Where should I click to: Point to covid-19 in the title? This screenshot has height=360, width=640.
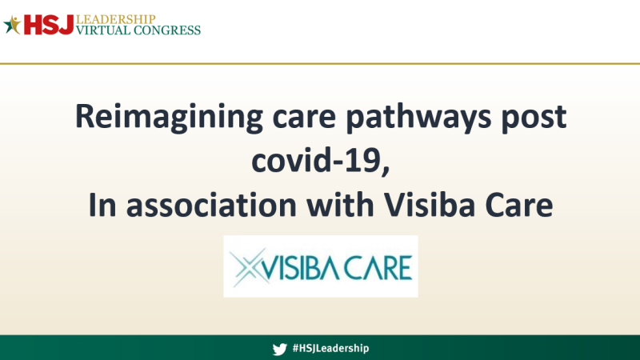(x=320, y=161)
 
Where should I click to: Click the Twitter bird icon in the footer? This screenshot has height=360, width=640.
(x=279, y=349)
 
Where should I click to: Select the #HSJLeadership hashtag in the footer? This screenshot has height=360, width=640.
(x=330, y=349)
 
